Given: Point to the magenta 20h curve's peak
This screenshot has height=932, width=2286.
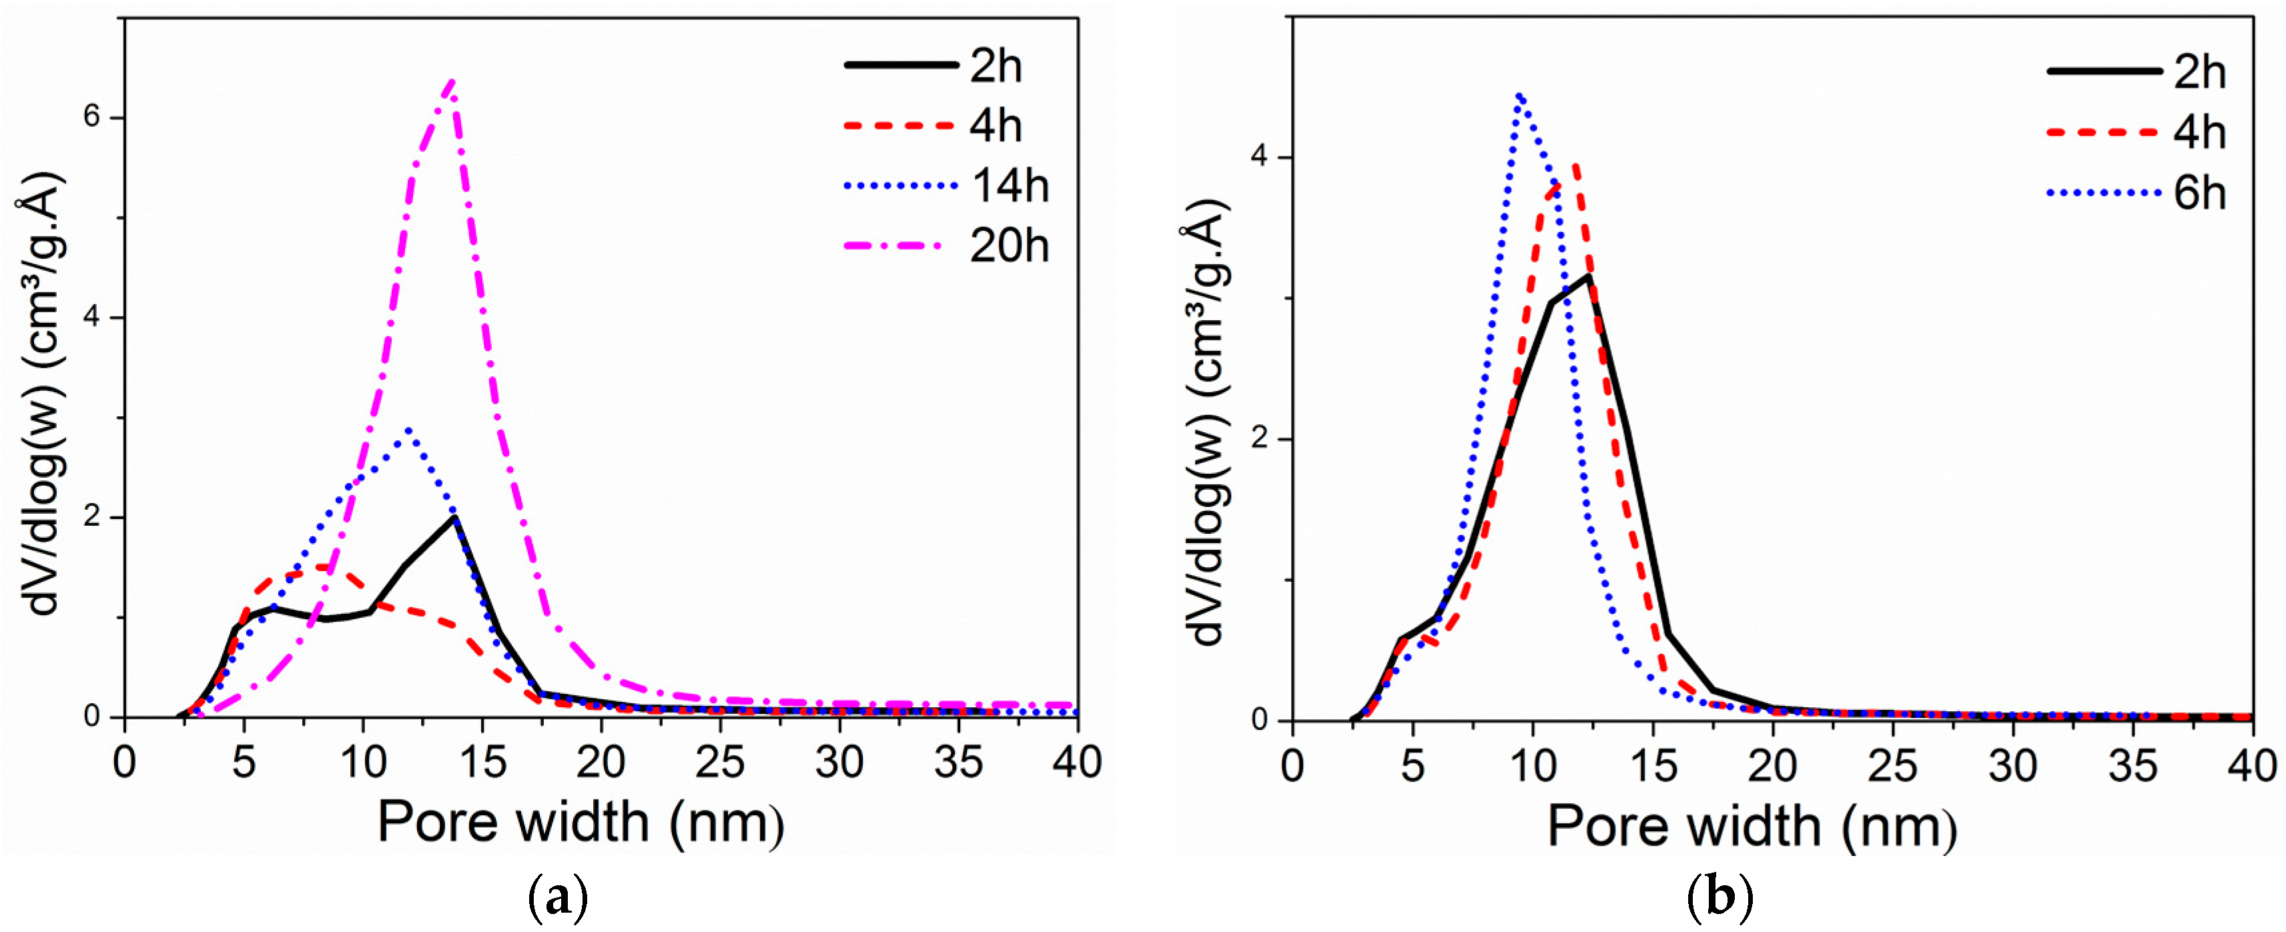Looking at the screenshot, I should [x=452, y=81].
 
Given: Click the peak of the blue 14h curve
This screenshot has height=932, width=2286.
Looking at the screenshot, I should [x=408, y=430].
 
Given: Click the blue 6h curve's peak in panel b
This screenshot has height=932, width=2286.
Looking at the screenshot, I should [x=1520, y=95].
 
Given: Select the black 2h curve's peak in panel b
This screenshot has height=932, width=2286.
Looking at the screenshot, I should [x=1587, y=276].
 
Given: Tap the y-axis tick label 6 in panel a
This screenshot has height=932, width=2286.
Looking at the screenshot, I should [x=92, y=118].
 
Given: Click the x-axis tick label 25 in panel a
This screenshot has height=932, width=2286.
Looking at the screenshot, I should [x=720, y=762].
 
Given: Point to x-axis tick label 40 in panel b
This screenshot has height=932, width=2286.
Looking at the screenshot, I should [x=2251, y=765].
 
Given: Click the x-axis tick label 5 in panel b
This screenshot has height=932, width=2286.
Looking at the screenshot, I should [x=1413, y=765].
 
